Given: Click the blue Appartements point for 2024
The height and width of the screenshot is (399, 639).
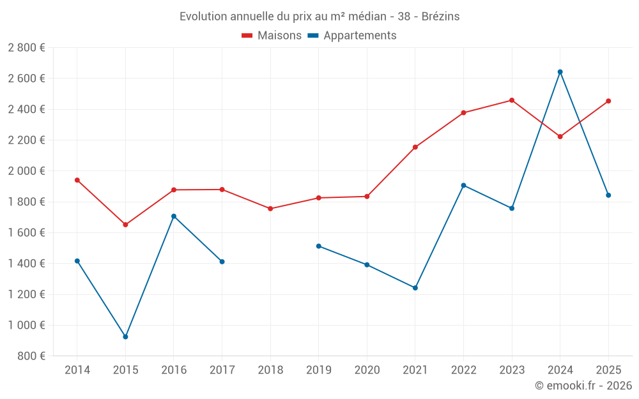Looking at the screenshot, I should point(560,72).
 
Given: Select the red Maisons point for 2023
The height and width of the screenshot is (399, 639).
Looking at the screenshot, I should point(512,100).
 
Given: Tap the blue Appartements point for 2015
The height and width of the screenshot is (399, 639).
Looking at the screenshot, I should point(125,336).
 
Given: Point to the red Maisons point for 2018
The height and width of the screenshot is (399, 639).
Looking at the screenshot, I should point(270,209).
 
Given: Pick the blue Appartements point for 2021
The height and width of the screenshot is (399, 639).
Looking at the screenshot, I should point(415,288).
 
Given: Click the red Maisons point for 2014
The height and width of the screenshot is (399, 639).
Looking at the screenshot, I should point(77,180).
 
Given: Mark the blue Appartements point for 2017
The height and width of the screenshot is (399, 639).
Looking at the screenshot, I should point(222,262).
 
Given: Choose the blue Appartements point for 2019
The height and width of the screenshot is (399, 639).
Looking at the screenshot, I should point(319,246).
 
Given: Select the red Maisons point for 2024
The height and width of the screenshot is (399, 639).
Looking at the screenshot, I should point(560,137).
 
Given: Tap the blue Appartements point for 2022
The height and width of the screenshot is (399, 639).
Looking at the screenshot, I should point(463,185).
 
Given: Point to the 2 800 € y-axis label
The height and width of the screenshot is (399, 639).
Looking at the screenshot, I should point(26,47).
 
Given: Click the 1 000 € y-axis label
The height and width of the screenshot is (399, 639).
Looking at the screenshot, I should point(26,325).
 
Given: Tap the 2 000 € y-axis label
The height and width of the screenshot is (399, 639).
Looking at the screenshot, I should point(26,170).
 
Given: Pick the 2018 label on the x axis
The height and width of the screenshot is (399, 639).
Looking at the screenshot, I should point(270,370).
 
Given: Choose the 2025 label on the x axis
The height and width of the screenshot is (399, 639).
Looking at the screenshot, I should point(608,370).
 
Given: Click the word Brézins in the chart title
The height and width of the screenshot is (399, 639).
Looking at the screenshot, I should point(440,17).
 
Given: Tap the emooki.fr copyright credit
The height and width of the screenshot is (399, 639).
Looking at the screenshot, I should point(583,386).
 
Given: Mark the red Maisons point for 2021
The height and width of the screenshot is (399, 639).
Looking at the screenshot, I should point(415,147).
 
